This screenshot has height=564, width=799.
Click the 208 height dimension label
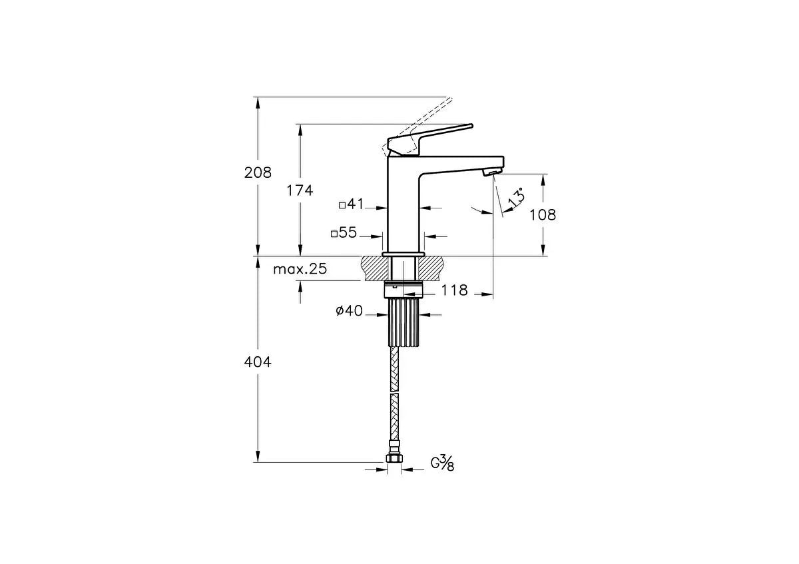coord(258,172)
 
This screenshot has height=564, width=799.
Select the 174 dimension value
coord(300,190)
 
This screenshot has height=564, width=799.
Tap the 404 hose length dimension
coord(258,362)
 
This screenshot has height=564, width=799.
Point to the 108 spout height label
coord(543,215)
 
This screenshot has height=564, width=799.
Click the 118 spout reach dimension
coord(454,290)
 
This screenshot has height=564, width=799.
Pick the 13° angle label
coord(517,197)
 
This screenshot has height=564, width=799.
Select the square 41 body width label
coord(351,204)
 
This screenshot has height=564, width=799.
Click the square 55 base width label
coord(344,232)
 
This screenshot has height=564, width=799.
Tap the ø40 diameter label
coord(349,311)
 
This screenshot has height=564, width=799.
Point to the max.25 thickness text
coord(300,269)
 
